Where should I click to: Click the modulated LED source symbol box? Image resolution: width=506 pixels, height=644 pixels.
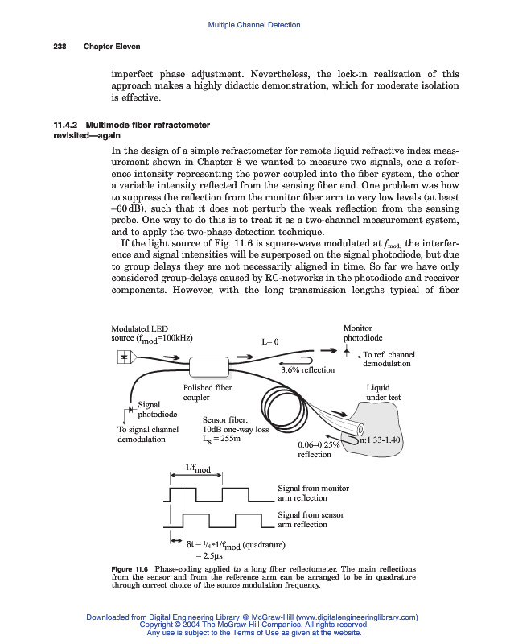(x=124, y=357)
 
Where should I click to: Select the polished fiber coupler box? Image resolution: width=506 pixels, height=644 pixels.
(x=209, y=366)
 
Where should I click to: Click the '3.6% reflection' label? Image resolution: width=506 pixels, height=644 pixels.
(x=306, y=370)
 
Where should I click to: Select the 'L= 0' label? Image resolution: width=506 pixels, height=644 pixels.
(x=269, y=341)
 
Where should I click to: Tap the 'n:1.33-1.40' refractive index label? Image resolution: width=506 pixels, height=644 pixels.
(x=379, y=440)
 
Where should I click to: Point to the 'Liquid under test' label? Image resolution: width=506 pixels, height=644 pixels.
(x=384, y=392)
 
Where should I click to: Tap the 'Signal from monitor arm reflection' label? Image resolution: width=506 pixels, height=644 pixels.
(x=313, y=493)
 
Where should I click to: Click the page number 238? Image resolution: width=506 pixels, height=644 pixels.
(x=59, y=45)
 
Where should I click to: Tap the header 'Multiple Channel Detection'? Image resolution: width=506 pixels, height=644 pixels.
(x=253, y=25)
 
